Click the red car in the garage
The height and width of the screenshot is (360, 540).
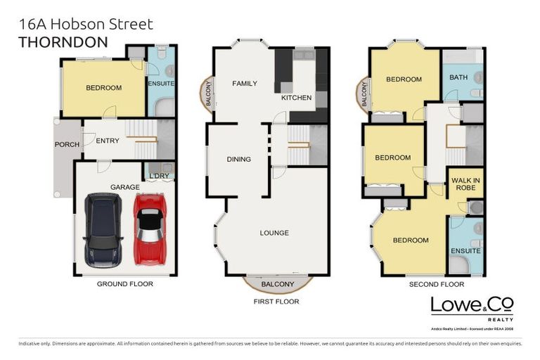click(148, 230)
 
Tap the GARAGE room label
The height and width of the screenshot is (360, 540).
click(124, 188)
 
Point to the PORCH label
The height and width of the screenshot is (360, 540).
click(67, 145)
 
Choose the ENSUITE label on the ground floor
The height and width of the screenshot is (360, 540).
click(161, 84)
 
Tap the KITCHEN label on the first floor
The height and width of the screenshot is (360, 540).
click(296, 98)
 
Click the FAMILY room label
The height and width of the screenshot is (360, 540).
click(245, 83)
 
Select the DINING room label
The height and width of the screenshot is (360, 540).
click(239, 159)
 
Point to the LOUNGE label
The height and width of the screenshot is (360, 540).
click(274, 233)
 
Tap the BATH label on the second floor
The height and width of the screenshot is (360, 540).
click(458, 77)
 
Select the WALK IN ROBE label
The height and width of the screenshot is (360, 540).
click(465, 184)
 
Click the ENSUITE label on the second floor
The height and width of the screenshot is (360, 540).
click(465, 250)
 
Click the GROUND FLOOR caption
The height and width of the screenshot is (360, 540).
click(124, 284)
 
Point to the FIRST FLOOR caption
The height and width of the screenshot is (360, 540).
click(278, 301)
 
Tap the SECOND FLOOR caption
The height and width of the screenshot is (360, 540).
click(436, 285)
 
